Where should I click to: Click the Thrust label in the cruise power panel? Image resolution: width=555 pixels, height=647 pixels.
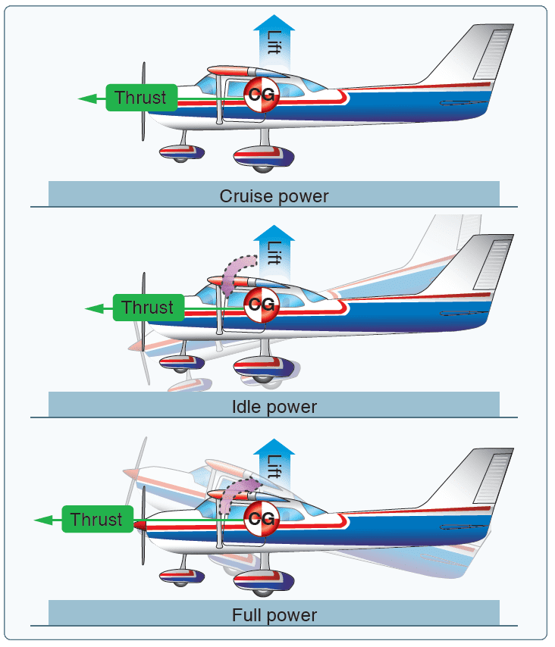pos(141,97)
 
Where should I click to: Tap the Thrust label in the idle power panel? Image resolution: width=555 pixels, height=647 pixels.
pos(148,308)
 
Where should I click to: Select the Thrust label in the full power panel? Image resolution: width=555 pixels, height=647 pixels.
pos(96,520)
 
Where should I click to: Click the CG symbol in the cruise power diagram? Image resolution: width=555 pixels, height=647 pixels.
pos(262,94)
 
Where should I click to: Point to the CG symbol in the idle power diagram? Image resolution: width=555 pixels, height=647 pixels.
pos(262,305)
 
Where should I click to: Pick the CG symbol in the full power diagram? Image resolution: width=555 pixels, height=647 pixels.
pos(262,517)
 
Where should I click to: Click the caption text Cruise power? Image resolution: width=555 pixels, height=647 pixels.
pos(274,196)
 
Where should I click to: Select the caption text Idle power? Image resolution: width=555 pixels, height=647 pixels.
pos(274,407)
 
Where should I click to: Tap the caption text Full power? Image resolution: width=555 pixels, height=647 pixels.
pos(274,614)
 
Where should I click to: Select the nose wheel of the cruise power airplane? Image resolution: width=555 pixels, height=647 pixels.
pos(180,155)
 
